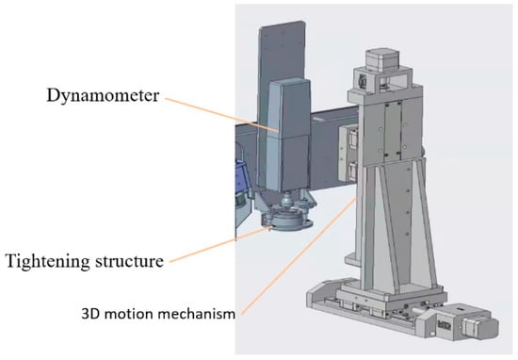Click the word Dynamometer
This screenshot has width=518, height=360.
103,95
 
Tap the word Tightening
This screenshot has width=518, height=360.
48,261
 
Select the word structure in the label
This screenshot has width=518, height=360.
129,261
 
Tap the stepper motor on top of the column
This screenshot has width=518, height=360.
382,59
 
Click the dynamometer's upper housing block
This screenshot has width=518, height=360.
289,106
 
